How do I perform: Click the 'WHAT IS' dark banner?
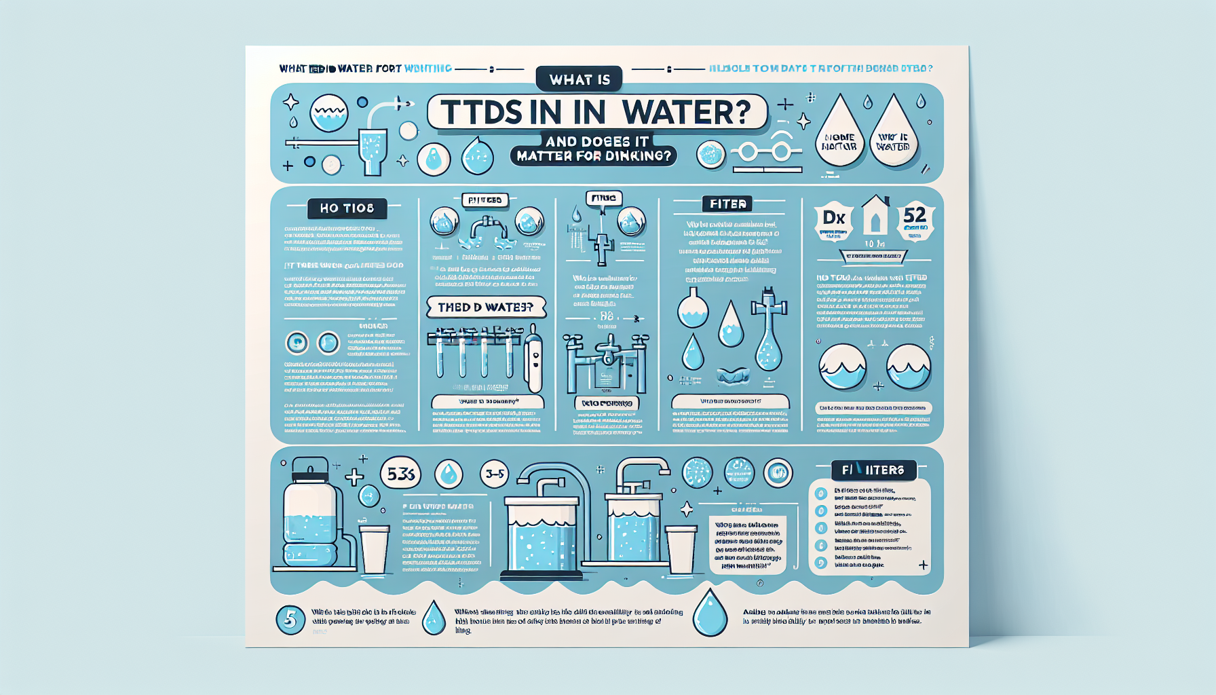point(579,79)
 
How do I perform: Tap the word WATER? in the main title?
point(685,112)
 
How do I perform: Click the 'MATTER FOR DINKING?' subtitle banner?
point(594,156)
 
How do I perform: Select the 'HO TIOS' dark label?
point(347,208)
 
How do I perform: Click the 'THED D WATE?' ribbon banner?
point(486,307)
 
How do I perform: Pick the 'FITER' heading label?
point(727,204)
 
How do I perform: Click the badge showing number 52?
point(915,219)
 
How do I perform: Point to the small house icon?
point(875,215)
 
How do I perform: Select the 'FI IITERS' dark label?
point(873,470)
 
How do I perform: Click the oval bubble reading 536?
point(400,474)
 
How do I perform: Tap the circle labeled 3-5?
point(495,474)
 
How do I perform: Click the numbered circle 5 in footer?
point(290,619)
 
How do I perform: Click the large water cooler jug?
point(310,516)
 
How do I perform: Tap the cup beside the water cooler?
point(374,548)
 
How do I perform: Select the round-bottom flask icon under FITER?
point(693,309)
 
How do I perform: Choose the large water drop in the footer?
point(710,613)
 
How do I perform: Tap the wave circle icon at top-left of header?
point(329,113)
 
